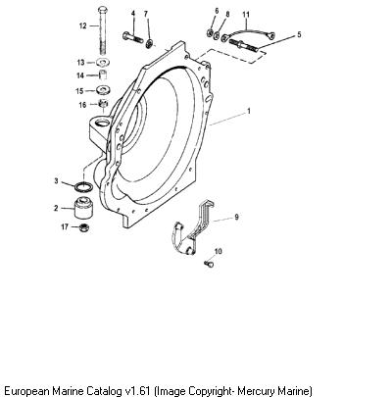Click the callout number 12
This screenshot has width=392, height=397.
pos(83,25)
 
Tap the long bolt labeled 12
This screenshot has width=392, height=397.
pos(102,30)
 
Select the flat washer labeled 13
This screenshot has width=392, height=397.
pos(103,62)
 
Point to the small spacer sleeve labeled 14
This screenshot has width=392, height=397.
pos(103,74)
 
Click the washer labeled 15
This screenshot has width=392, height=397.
pos(103,89)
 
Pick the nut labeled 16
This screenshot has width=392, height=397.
pos(103,104)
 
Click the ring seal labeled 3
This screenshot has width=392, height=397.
pos(83,187)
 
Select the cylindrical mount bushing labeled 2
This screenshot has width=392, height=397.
pos(83,208)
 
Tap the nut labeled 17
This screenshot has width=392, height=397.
pos(84,227)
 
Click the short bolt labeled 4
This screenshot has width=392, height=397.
pos(132,37)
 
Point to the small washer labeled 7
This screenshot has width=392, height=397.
pos(150,43)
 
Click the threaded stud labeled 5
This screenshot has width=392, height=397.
pos(243,45)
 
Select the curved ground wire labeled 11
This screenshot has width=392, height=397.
pos(248,32)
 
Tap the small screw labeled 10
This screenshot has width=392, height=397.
pos(209,263)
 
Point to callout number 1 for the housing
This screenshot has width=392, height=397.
pos(249,111)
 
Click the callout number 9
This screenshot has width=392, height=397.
pos(236,217)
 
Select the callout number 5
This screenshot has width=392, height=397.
pos(299,34)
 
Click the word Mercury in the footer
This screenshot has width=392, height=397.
pos(256,390)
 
